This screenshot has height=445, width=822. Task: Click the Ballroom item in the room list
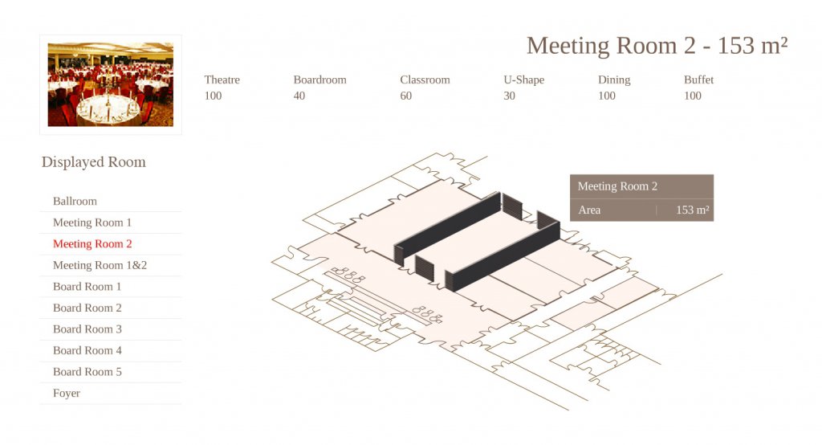tap(75, 201)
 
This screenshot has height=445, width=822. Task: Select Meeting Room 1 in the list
tap(92, 222)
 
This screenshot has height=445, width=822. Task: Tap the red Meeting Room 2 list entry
tap(92, 244)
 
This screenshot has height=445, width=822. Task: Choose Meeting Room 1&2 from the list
tap(100, 265)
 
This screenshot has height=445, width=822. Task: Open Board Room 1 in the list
tap(87, 287)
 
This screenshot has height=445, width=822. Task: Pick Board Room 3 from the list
tap(87, 329)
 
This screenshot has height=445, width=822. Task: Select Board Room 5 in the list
tap(87, 372)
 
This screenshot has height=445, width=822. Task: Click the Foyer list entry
tap(67, 393)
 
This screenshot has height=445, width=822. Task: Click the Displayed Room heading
tap(94, 162)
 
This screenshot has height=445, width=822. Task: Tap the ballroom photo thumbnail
tap(111, 84)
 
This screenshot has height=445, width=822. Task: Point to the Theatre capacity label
tap(222, 80)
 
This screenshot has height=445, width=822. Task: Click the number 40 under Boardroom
tap(299, 96)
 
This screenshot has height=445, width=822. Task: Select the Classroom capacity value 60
tap(405, 96)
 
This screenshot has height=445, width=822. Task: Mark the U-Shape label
tap(523, 80)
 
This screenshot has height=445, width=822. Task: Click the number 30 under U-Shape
tap(509, 96)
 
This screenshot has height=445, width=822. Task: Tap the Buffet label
tap(698, 80)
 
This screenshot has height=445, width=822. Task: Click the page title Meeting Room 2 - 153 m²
tap(657, 46)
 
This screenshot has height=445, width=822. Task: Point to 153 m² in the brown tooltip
tap(692, 210)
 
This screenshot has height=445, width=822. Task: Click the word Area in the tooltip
tap(589, 210)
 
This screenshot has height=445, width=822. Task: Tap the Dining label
tap(614, 80)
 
